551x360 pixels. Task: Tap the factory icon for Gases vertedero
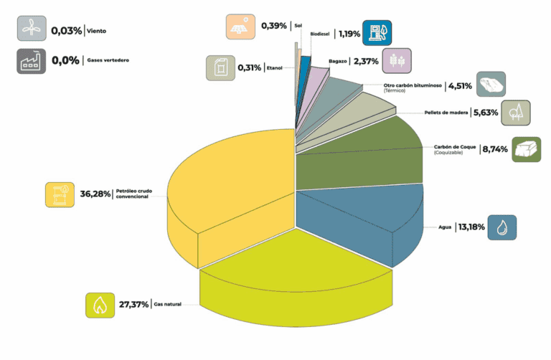pos(31,60)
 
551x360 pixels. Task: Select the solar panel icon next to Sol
pos(240,27)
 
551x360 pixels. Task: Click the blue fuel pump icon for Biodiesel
pos(377,32)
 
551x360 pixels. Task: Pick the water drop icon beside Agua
pos(501,227)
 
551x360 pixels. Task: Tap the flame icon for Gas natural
pos(100,305)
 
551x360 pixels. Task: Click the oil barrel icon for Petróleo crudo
pos(60,194)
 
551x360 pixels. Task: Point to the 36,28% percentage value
pos(95,194)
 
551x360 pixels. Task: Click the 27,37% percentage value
pos(134,304)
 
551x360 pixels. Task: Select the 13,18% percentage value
pos(470,227)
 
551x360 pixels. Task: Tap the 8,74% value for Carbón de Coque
pos(494,149)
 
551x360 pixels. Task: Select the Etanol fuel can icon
pos(220,68)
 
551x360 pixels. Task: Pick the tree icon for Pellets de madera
pos(516,113)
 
